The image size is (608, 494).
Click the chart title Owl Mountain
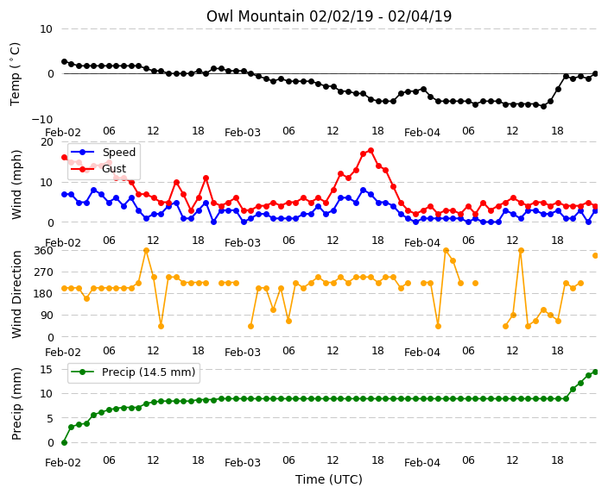tap(255, 16)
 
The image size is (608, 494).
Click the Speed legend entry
tap(103, 152)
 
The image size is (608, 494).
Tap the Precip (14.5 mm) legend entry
tap(133, 372)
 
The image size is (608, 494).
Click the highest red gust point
tap(371, 151)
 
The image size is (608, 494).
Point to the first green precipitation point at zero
tap(65, 442)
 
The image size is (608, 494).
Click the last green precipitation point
tap(596, 372)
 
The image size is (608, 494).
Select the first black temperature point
tap(65, 61)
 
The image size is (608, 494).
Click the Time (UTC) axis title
tap(329, 479)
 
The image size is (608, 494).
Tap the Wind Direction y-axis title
tap(16, 295)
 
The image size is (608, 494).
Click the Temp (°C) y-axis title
tap(16, 74)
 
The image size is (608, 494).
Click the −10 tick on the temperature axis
tap(41, 119)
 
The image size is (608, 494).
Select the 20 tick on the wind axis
tap(47, 142)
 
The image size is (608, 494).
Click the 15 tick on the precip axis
tap(46, 370)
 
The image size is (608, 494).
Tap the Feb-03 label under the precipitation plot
tap(243, 463)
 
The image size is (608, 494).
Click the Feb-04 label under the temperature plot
tap(422, 133)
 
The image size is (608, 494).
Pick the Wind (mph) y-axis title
tap(16, 184)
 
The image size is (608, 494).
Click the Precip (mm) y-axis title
tap(16, 403)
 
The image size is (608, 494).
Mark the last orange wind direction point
tap(596, 255)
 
